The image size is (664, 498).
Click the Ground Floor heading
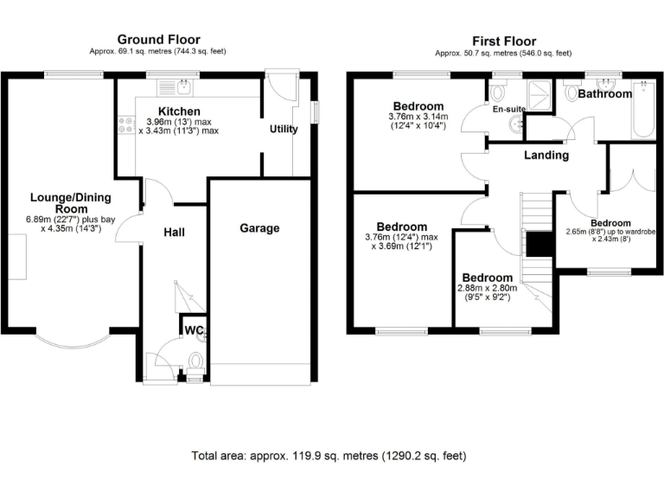click(x=158, y=39)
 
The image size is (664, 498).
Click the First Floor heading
click(x=503, y=41)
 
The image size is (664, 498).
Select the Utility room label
click(x=284, y=130)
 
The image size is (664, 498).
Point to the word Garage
click(x=259, y=228)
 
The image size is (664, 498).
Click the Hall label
click(x=175, y=232)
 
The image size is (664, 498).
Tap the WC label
click(x=191, y=329)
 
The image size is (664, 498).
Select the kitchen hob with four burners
click(x=122, y=125)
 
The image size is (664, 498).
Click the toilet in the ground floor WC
click(x=196, y=360)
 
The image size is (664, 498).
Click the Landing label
click(x=546, y=156)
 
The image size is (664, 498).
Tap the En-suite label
click(x=508, y=110)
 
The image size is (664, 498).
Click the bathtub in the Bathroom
click(x=642, y=111)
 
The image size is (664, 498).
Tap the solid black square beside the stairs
click(x=540, y=245)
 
